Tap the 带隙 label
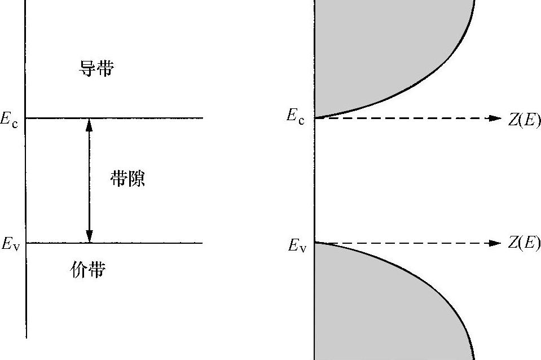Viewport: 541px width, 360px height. point(127,179)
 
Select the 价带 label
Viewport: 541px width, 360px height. point(88,271)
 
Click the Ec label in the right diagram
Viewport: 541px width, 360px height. point(295,117)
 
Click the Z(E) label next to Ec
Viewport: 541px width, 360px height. point(524,120)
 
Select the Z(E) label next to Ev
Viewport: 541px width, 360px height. point(524,243)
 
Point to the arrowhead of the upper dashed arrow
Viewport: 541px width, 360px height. point(496,118)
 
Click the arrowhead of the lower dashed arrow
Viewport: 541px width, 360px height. point(496,243)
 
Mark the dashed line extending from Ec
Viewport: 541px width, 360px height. point(406,118)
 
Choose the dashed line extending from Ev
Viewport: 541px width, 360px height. point(406,243)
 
